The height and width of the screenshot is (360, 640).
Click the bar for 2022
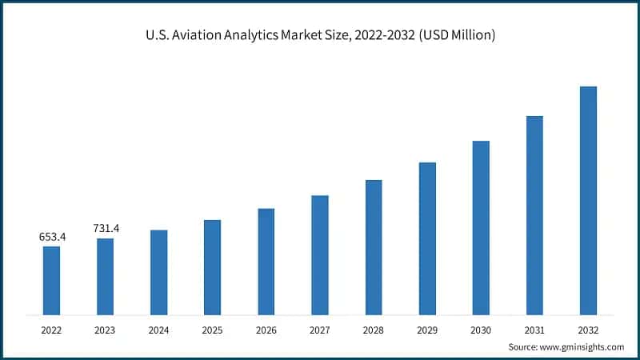click(51, 280)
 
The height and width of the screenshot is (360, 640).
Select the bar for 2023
click(105, 276)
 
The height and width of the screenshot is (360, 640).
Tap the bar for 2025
click(212, 266)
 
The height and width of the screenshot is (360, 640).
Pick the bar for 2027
click(320, 254)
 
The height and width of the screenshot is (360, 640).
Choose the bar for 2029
click(427, 238)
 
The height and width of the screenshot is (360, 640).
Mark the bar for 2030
click(481, 227)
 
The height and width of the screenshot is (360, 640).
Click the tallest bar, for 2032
click(588, 200)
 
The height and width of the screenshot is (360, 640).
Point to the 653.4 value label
click(52, 237)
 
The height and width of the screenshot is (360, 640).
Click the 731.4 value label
click(106, 229)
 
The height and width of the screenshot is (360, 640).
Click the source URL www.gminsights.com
click(582, 346)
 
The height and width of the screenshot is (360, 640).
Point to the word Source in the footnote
click(523, 346)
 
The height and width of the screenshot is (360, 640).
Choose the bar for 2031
click(534, 214)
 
